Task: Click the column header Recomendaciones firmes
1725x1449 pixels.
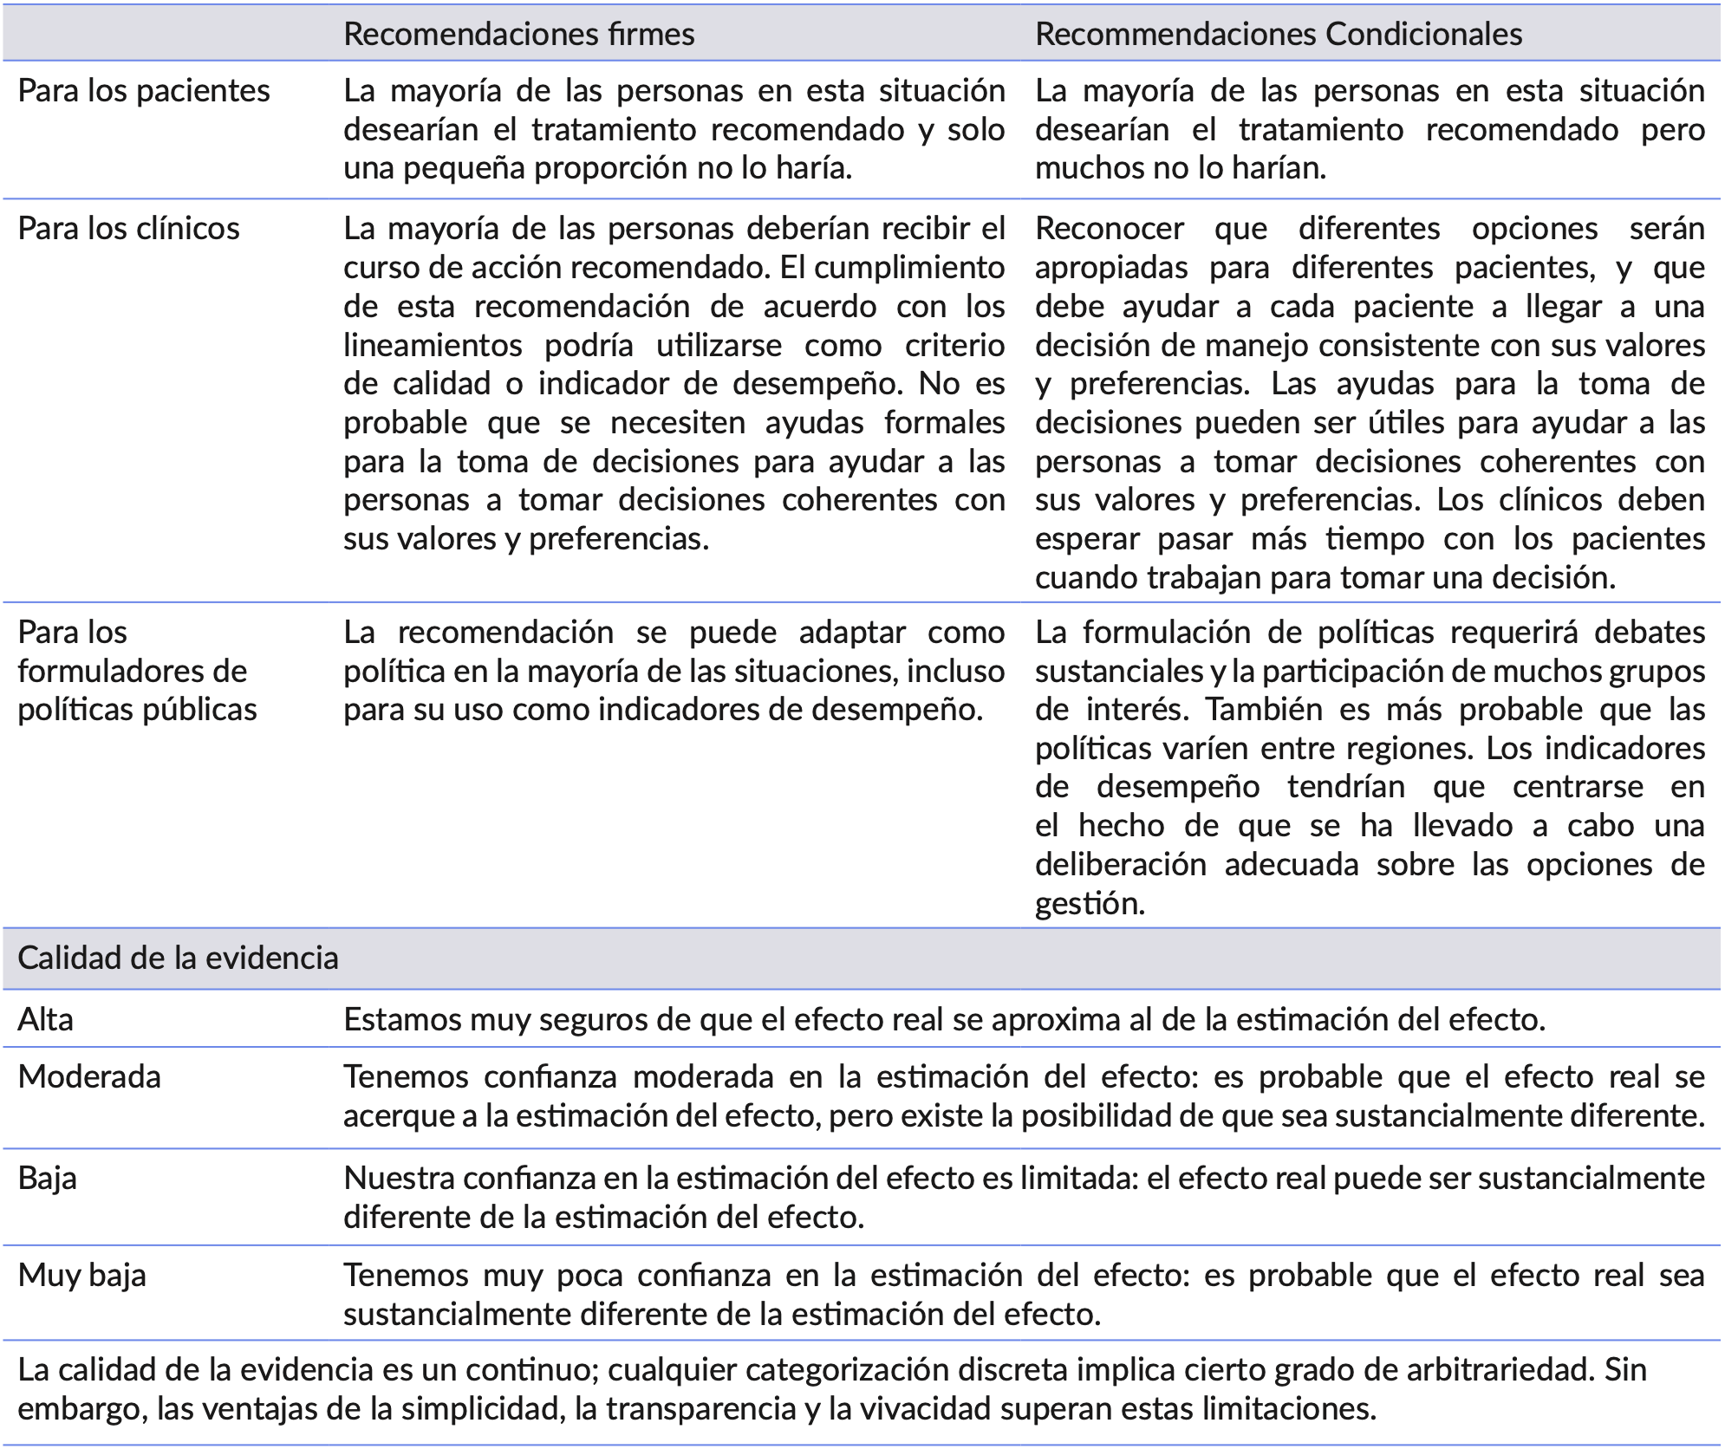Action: pyautogui.click(x=518, y=34)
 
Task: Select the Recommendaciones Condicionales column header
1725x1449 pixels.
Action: pyautogui.click(x=1279, y=34)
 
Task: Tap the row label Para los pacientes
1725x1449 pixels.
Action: pyautogui.click(x=144, y=91)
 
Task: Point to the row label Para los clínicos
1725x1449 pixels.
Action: pyautogui.click(x=128, y=229)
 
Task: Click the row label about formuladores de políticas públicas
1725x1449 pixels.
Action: pyautogui.click(x=137, y=671)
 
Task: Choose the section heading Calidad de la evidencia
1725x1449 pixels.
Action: pyautogui.click(x=178, y=958)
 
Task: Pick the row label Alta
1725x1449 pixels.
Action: pyautogui.click(x=45, y=1020)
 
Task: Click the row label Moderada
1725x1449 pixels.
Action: pyautogui.click(x=89, y=1077)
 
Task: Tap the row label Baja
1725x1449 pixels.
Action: pyautogui.click(x=47, y=1179)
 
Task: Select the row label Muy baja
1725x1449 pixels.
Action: pyautogui.click(x=81, y=1276)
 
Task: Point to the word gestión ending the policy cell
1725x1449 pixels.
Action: pyautogui.click(x=1090, y=904)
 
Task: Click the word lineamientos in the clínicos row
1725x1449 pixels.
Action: pyautogui.click(x=433, y=346)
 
